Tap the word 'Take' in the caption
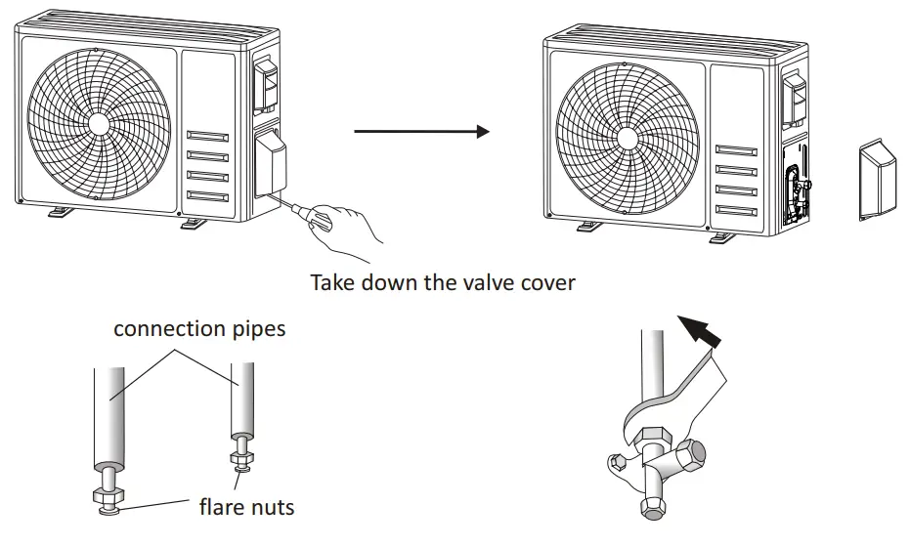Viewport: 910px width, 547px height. pos(333,282)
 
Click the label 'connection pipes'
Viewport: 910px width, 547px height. pos(199,328)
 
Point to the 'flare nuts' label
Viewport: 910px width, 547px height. pos(246,507)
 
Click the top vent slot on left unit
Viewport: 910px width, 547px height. pos(207,137)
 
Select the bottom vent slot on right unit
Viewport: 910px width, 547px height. pos(736,210)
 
